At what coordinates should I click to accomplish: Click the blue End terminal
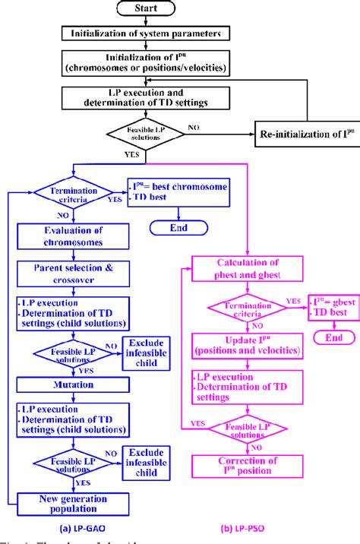(179, 227)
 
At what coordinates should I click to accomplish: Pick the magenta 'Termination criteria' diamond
(246, 308)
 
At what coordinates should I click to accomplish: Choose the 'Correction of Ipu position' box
(247, 484)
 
